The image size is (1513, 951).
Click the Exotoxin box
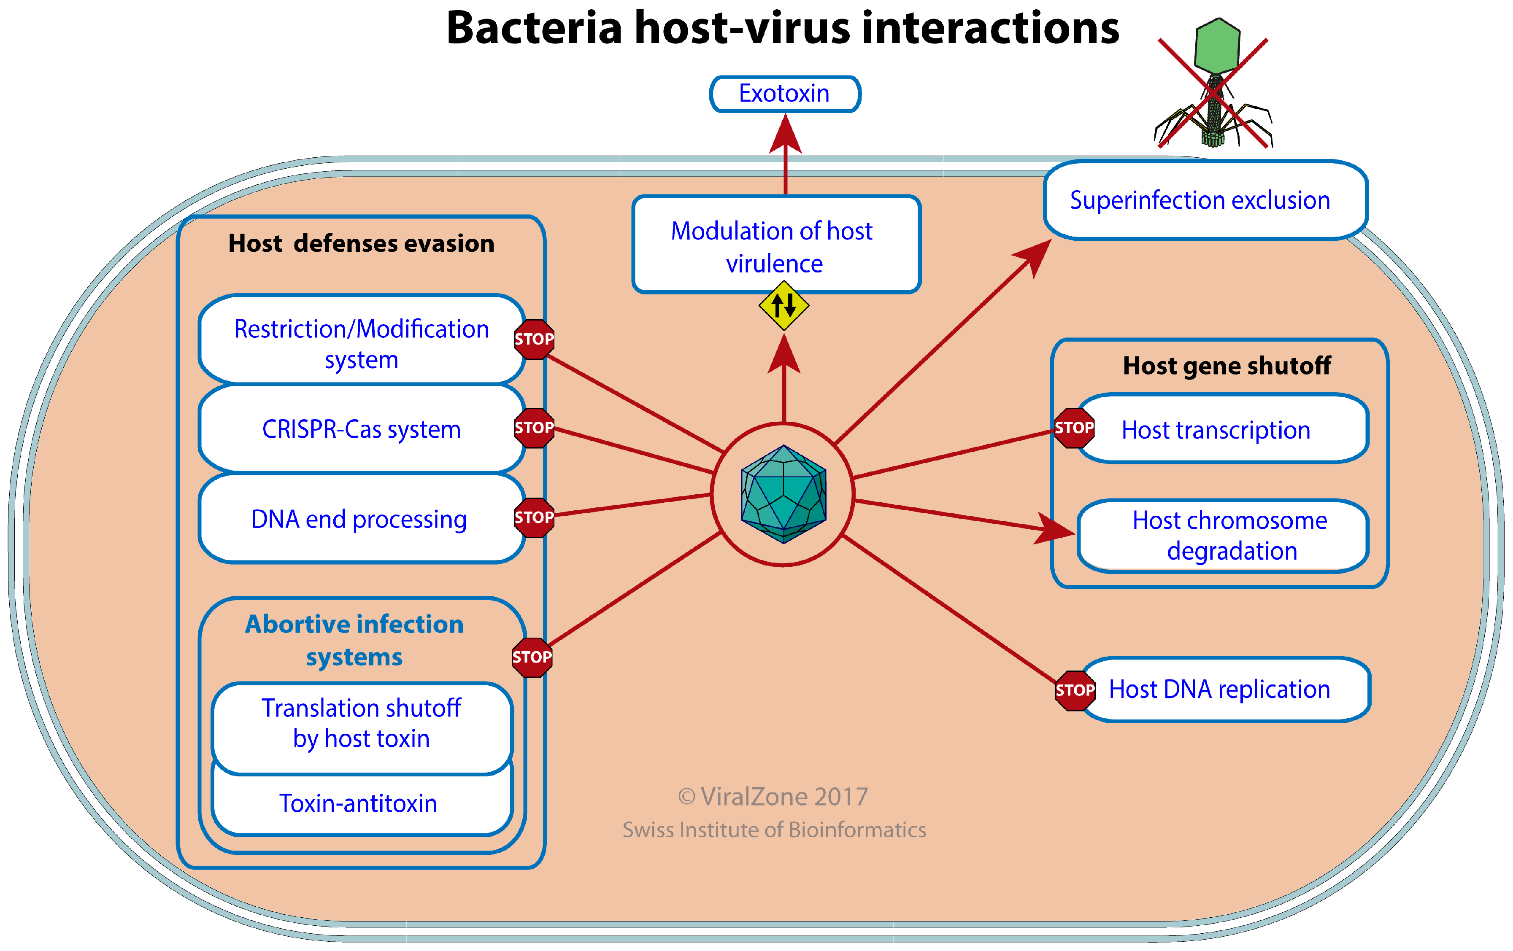(784, 94)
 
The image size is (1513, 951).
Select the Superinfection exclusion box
(1205, 200)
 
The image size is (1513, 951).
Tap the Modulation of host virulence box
(775, 245)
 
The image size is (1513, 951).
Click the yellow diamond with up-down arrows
(784, 306)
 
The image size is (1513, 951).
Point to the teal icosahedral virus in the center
(783, 494)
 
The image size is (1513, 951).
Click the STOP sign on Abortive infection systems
(532, 657)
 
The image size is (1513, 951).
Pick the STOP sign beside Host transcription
(1074, 428)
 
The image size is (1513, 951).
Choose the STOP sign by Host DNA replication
(1075, 690)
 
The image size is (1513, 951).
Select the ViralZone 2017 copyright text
(773, 797)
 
